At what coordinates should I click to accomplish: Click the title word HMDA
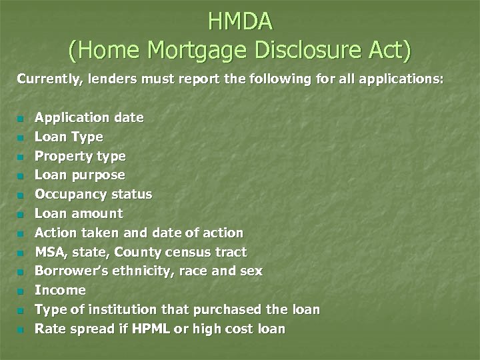(x=240, y=22)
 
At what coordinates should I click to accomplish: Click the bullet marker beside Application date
(x=21, y=119)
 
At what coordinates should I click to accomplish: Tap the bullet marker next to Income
(x=21, y=291)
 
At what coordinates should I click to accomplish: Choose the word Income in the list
(x=60, y=290)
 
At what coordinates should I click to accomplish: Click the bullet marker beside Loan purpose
(x=21, y=176)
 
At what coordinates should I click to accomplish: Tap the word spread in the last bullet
(x=90, y=329)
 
